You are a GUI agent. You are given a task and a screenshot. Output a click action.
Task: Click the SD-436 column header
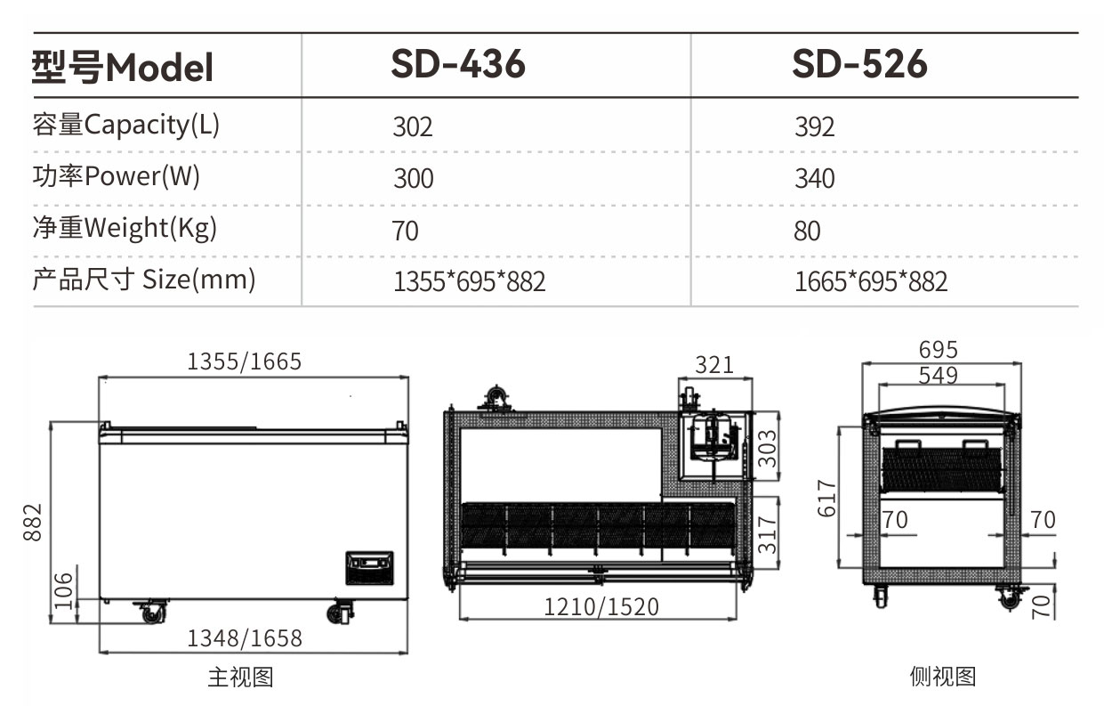pyautogui.click(x=458, y=64)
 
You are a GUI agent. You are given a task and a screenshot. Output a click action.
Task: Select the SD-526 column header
pyautogui.click(x=859, y=64)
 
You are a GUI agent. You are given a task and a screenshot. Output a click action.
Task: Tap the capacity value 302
pyautogui.click(x=413, y=126)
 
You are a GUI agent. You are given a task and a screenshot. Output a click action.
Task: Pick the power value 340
pyautogui.click(x=814, y=178)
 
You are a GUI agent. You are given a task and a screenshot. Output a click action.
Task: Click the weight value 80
pyautogui.click(x=807, y=231)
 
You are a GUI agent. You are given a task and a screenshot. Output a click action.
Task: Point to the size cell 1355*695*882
pyautogui.click(x=469, y=281)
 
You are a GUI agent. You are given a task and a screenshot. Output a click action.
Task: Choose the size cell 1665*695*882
pyautogui.click(x=871, y=281)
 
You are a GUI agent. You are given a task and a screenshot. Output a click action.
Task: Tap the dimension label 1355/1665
pyautogui.click(x=244, y=361)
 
